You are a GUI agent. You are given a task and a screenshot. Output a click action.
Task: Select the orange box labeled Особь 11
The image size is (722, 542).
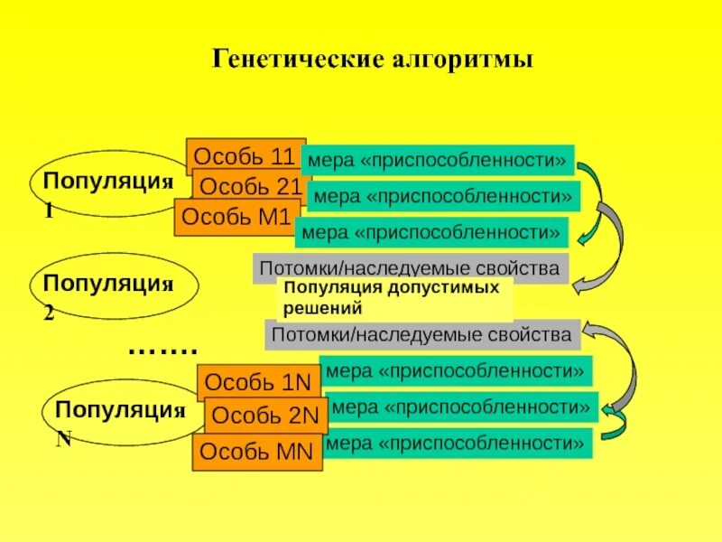(239, 155)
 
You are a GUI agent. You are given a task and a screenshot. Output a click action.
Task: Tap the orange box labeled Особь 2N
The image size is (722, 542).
(265, 416)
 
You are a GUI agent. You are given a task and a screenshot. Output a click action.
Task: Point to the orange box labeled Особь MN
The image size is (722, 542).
(257, 451)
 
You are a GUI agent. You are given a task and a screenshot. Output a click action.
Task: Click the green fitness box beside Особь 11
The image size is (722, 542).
(438, 161)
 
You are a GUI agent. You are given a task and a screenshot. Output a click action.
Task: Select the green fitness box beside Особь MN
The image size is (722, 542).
(456, 443)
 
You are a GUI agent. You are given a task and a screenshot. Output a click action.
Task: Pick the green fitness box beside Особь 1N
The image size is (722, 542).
(456, 370)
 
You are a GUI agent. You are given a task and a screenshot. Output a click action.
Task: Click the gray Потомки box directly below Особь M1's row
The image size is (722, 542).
(411, 268)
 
